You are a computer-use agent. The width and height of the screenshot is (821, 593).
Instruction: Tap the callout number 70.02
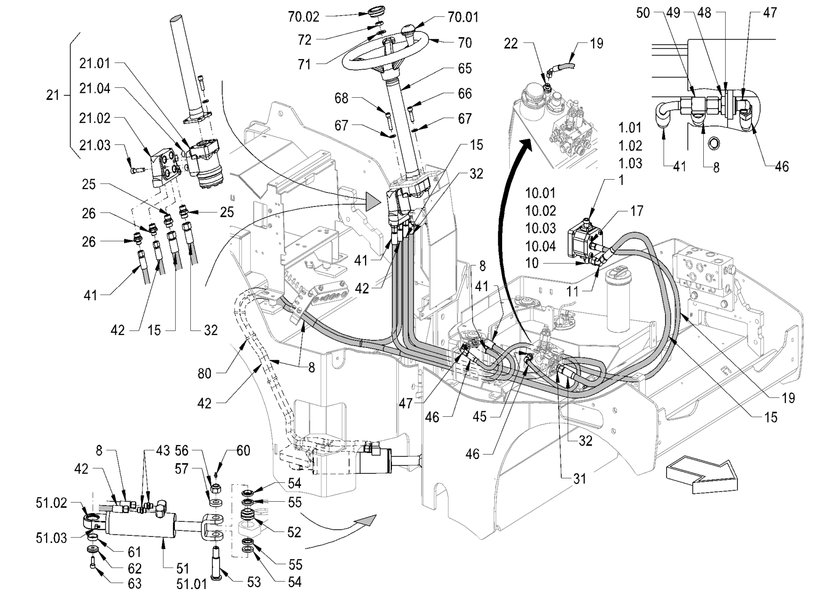(x=304, y=17)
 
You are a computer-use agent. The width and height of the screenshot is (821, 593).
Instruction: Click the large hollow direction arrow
(x=701, y=475)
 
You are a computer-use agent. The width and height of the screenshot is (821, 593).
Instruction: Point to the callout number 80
(x=205, y=373)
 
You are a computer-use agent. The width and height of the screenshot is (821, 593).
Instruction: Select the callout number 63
(x=135, y=583)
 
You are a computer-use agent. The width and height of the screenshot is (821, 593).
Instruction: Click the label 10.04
(x=541, y=246)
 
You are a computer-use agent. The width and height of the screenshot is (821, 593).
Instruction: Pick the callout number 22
(x=511, y=44)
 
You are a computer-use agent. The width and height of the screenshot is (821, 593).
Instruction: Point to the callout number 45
(x=480, y=417)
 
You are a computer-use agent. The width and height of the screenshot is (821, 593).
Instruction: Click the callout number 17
(x=637, y=211)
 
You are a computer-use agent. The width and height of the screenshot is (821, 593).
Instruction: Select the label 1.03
(x=630, y=163)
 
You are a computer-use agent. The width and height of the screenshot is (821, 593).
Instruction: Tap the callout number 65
(x=465, y=68)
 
